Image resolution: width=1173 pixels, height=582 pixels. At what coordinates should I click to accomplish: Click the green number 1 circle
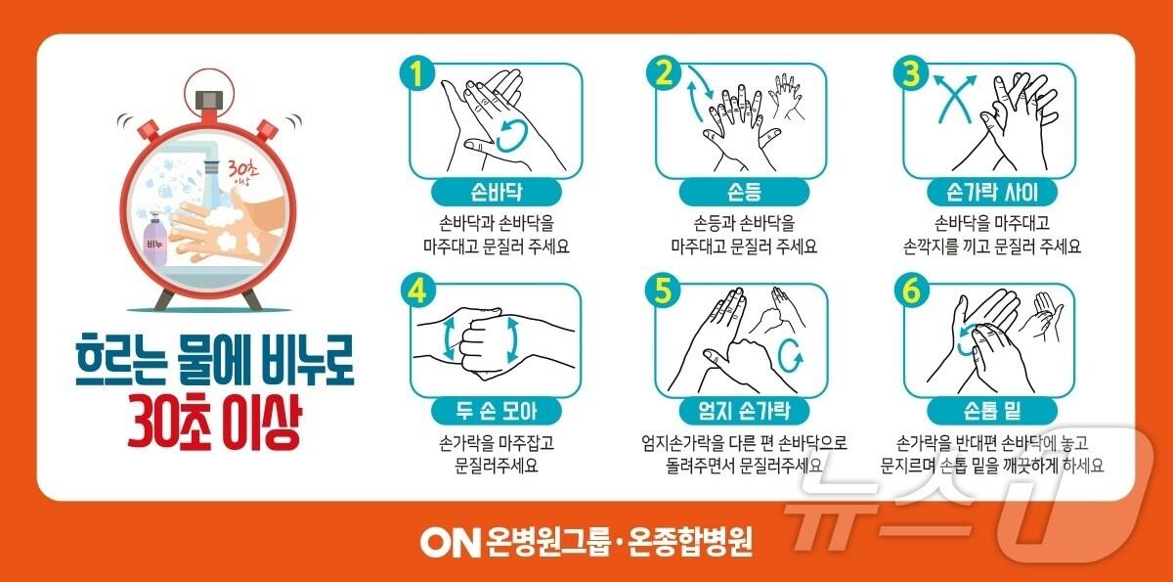coord(416,75)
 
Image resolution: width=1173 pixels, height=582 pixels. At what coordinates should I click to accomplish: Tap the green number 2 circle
coord(667,75)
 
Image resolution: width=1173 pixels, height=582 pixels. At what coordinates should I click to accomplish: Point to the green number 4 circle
coord(416,292)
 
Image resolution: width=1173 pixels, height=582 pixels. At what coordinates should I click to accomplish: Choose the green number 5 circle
coord(667,292)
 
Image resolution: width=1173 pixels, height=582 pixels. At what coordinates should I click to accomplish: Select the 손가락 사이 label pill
coord(993,190)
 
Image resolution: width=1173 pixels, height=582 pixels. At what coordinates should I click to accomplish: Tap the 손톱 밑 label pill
coord(993,408)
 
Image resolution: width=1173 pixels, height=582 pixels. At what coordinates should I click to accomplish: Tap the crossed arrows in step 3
coord(953,98)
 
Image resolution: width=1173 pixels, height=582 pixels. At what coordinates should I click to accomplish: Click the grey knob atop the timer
coord(208,100)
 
